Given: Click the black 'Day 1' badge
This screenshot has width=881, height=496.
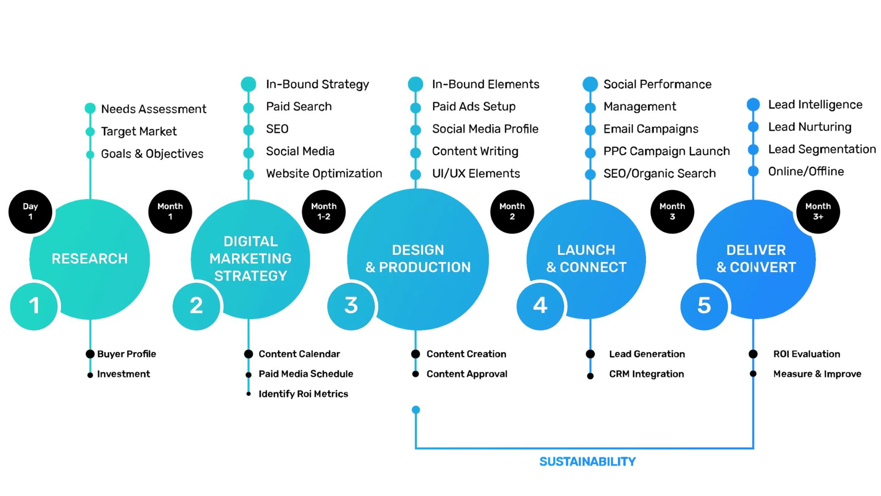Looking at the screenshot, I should tap(30, 212).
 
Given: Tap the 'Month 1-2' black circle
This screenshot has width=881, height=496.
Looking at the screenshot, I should tap(323, 212).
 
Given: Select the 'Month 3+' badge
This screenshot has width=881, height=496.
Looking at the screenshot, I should tap(818, 212).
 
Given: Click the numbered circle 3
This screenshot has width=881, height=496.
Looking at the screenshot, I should tap(351, 306).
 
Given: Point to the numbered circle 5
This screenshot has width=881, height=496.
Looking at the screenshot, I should tap(704, 306).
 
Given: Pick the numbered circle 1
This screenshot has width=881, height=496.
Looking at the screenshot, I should tap(34, 306).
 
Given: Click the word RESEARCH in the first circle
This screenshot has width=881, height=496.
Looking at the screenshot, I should tap(89, 259).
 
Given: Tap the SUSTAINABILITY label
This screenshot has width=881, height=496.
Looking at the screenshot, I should tap(587, 462).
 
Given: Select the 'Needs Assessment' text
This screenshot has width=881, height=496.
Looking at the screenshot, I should tap(153, 109).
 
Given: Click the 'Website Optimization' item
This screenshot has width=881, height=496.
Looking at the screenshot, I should tap(324, 174).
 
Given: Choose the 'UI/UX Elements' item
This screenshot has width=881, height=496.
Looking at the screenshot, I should tap(476, 174).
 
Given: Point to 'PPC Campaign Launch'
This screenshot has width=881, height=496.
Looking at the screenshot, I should tap(666, 151).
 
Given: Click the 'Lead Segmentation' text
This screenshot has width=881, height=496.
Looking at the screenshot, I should tap(822, 149).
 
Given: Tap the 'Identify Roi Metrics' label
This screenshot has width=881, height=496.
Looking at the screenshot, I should tap(303, 394).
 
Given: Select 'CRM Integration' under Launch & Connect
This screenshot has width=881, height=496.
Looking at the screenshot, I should tap(646, 374).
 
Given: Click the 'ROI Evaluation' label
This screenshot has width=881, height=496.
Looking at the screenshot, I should tap(806, 354).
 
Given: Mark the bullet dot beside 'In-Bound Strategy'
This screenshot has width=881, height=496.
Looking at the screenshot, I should tap(248, 84).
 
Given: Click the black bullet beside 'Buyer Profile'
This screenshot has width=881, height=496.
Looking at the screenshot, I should tap(90, 354).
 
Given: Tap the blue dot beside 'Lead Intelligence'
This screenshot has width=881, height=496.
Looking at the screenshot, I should tap(753, 105).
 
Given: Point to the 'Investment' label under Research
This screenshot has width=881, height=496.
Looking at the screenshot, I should tap(123, 374).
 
